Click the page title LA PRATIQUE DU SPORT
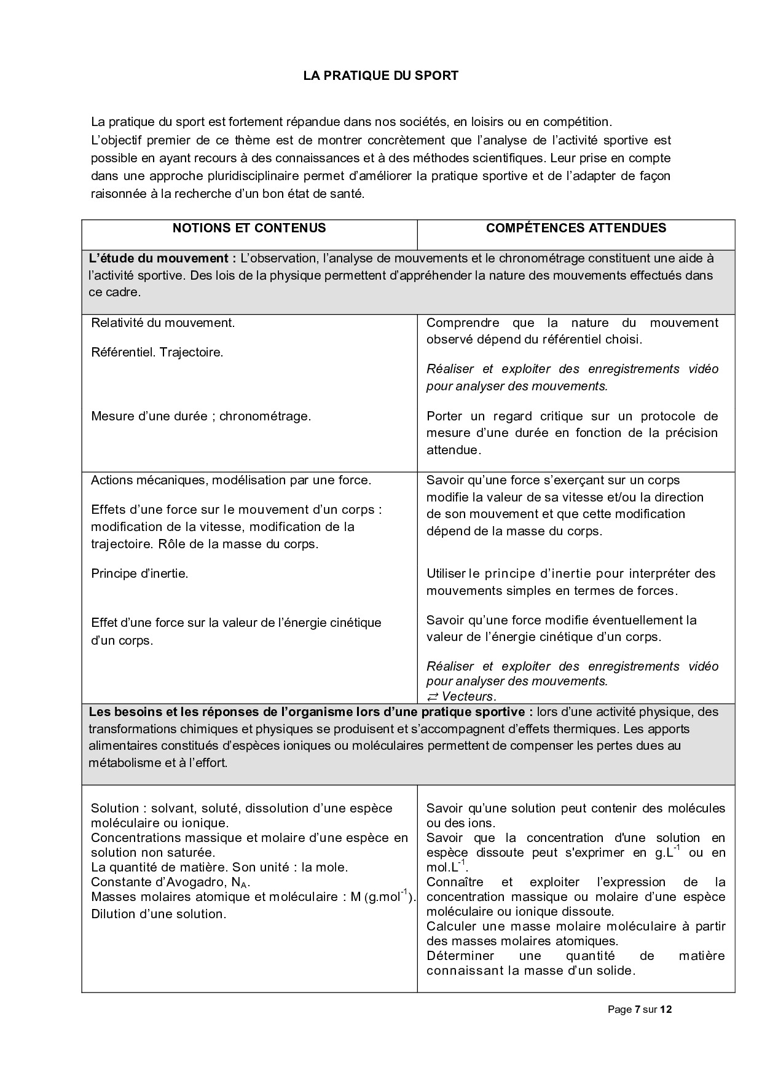click(x=380, y=76)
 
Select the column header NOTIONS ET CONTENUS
click(x=249, y=228)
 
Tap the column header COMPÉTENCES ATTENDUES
click(x=576, y=228)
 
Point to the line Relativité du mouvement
click(x=163, y=323)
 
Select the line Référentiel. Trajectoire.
click(x=157, y=353)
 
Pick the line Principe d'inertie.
click(x=139, y=573)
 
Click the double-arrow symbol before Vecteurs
click(x=433, y=696)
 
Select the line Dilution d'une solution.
click(x=159, y=914)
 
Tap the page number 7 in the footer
click(x=637, y=1009)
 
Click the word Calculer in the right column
click(x=452, y=926)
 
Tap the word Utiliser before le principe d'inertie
click(x=446, y=573)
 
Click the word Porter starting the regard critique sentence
click(x=444, y=416)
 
